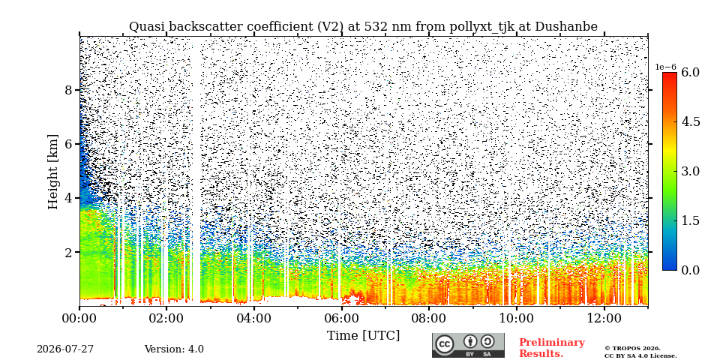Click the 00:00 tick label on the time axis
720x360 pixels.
[x=79, y=318]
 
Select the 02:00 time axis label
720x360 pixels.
[x=166, y=318]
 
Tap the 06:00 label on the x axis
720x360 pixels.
[x=342, y=318]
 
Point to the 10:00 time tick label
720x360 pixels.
[x=517, y=318]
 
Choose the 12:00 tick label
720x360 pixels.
[x=604, y=318]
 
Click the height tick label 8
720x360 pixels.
[x=69, y=90]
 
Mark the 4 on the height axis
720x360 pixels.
[x=69, y=198]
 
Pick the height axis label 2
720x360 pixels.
[x=69, y=253]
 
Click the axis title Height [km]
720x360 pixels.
[x=54, y=172]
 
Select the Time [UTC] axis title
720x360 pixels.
[x=363, y=336]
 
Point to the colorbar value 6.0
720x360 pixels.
[x=690, y=73]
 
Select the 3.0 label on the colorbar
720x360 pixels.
[x=690, y=171]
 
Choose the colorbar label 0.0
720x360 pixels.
[x=690, y=270]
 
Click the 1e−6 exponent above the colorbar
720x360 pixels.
[x=665, y=67]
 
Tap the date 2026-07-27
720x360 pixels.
[x=65, y=349]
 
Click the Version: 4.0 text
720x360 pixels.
[x=174, y=349]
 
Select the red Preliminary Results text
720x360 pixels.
[x=552, y=348]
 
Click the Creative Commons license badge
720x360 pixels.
[x=468, y=345]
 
